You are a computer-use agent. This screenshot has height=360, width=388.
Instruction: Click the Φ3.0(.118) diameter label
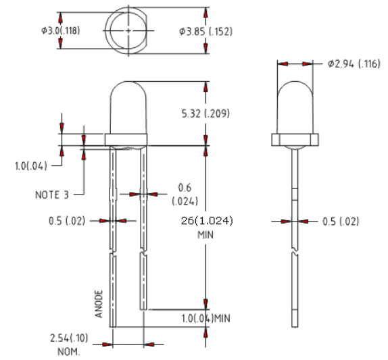61,30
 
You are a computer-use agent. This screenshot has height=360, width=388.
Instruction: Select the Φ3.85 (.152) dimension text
206,31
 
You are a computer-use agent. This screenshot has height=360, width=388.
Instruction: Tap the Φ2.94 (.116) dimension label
354,63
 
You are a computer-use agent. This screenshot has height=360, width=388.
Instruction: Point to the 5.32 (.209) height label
205,113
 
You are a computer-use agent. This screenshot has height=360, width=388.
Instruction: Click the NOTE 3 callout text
52,195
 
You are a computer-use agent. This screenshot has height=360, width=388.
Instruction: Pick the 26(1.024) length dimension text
207,221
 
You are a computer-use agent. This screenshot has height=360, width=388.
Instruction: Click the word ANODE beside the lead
99,304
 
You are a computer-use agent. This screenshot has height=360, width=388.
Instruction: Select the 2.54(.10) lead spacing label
69,338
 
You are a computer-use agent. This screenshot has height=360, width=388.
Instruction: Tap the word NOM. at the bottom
69,351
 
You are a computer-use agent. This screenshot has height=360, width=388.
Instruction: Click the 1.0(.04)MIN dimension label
206,318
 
